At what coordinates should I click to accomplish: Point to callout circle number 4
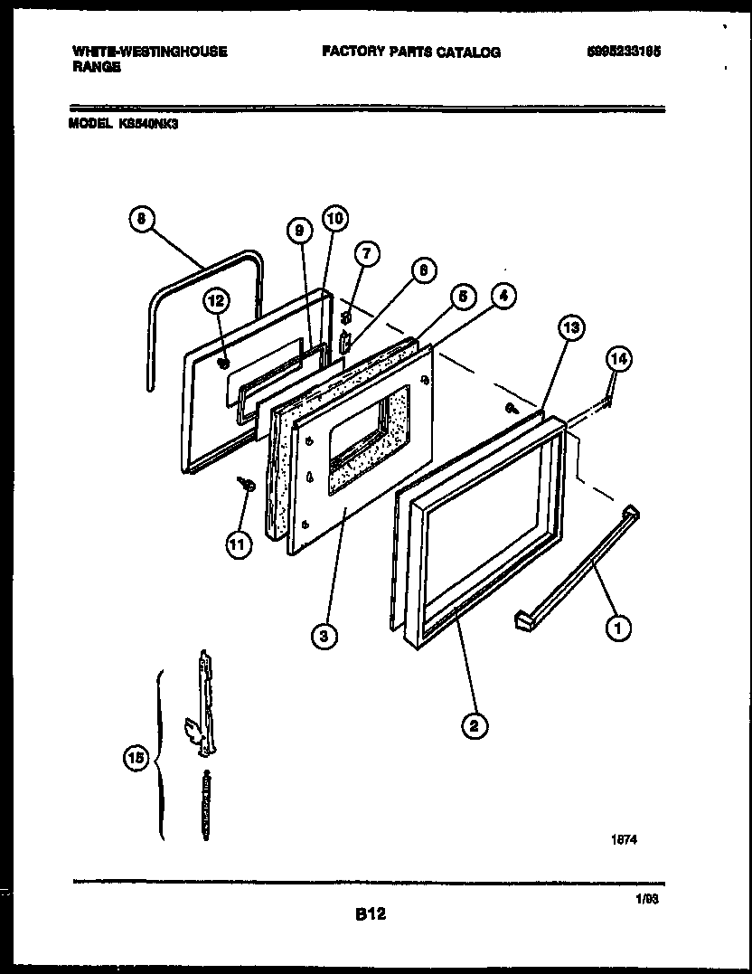tap(504, 296)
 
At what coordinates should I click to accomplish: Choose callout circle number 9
tap(297, 232)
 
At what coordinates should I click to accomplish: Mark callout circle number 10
tap(334, 218)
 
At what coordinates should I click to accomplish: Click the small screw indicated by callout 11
tap(246, 486)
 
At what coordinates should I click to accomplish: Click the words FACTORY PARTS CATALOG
tap(410, 52)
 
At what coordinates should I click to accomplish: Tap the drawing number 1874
tap(625, 838)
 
